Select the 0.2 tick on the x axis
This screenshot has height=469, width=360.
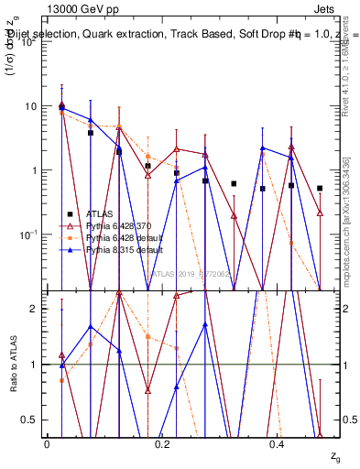pos(162,444)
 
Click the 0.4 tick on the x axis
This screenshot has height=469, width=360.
pos(278,444)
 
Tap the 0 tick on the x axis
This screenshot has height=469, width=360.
pos(47,444)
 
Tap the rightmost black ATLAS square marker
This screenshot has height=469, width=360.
pos(320,188)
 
